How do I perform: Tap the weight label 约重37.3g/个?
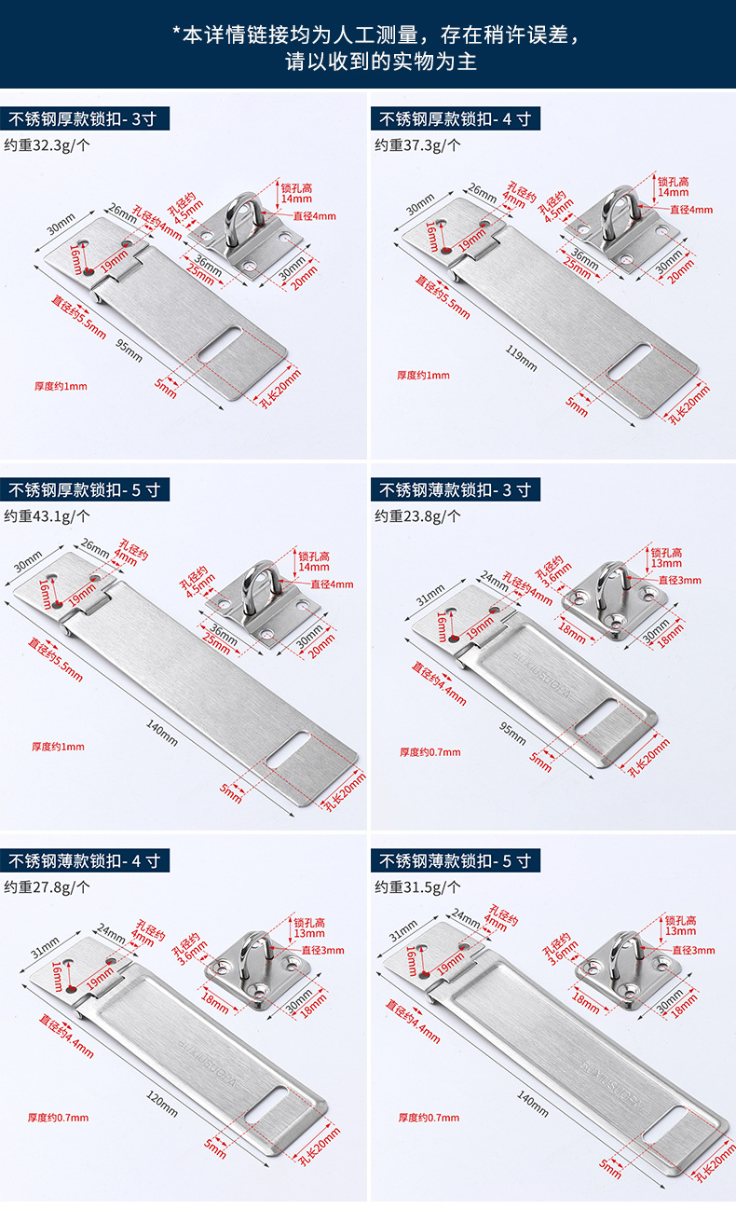click(x=417, y=144)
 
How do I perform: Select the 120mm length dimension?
click(x=162, y=1101)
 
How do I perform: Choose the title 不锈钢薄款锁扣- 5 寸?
click(x=456, y=860)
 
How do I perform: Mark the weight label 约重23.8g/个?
click(x=417, y=515)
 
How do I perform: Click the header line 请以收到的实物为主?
click(x=367, y=62)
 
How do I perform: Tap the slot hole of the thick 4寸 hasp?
click(x=629, y=362)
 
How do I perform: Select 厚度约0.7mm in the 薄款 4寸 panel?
click(x=61, y=1118)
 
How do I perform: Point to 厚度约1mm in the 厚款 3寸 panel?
click(x=60, y=386)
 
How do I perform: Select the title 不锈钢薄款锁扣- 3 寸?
click(x=456, y=489)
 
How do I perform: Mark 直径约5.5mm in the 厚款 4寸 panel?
click(x=442, y=296)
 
